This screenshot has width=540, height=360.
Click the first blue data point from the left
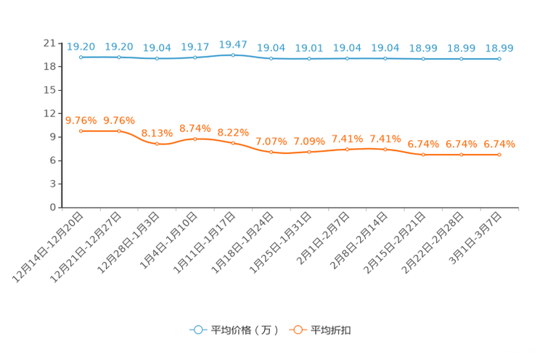(81, 57)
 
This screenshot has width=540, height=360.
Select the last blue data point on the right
(499, 59)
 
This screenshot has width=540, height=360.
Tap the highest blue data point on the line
(233, 54)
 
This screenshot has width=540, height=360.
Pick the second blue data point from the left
(119, 57)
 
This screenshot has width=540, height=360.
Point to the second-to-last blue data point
(462, 59)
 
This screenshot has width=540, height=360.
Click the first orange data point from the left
(81, 131)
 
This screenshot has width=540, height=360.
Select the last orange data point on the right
(499, 155)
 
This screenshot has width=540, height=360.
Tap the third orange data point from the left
(157, 144)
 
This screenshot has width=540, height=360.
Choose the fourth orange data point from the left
(195, 138)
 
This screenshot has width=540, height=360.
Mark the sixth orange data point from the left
(271, 152)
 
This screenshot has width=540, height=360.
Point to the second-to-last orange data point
(462, 155)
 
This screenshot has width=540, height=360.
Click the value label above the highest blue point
(233, 44)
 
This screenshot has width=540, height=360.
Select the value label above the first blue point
(81, 46)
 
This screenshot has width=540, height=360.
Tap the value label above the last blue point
(499, 48)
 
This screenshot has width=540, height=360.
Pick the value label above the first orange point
(81, 120)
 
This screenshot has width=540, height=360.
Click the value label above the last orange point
(499, 144)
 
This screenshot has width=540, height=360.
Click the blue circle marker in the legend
(197, 330)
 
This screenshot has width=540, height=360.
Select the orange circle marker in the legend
(297, 330)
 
